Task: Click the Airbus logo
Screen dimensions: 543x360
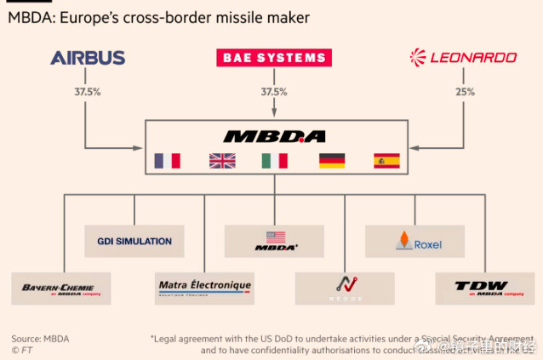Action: click(x=88, y=58)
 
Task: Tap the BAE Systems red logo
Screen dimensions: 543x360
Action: click(x=273, y=58)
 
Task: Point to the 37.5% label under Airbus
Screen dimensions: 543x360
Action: click(x=88, y=92)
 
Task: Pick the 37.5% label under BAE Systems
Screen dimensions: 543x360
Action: click(x=273, y=92)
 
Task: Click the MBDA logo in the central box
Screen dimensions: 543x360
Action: click(x=274, y=136)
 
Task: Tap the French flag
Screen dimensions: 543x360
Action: click(x=168, y=160)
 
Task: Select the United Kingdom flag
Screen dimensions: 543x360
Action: click(x=222, y=160)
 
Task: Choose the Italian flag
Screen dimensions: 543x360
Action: click(x=274, y=160)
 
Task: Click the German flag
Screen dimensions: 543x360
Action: click(x=332, y=160)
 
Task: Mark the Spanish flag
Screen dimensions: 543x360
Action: click(x=386, y=160)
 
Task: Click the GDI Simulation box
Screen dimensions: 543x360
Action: click(x=134, y=241)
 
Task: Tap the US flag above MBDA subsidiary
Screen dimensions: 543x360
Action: click(x=275, y=237)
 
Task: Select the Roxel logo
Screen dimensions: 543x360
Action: click(x=414, y=242)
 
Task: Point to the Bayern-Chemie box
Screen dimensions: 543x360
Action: click(x=59, y=289)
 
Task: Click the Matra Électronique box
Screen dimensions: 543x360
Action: click(x=204, y=288)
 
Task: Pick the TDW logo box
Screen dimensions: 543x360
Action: click(x=484, y=289)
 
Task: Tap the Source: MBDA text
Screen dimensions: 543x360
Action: click(x=40, y=339)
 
